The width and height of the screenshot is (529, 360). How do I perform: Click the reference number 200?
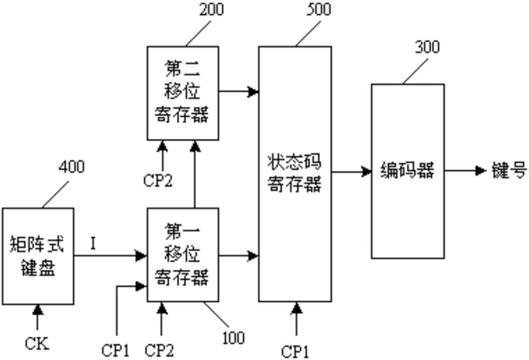tap(211, 9)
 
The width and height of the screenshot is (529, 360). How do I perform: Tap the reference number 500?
tap(319, 9)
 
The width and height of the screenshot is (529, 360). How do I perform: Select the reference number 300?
tap(427, 46)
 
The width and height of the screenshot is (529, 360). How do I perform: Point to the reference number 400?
tap(72, 167)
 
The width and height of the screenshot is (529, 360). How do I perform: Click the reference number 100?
tap(233, 338)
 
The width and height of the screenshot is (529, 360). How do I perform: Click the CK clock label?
tap(37, 344)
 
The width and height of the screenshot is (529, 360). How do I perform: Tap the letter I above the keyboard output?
tap(94, 243)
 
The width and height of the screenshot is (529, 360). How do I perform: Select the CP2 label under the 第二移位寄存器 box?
tap(158, 180)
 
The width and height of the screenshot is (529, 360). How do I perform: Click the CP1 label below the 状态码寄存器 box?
tap(295, 352)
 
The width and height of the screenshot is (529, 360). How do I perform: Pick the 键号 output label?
tap(509, 170)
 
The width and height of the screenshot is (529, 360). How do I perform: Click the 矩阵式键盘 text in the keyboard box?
tap(37, 256)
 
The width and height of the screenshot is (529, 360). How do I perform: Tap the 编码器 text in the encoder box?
tap(408, 170)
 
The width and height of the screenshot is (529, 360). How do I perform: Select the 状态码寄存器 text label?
tap(295, 173)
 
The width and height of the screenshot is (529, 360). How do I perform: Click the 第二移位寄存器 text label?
tap(183, 91)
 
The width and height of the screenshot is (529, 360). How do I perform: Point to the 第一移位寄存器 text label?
tap(183, 254)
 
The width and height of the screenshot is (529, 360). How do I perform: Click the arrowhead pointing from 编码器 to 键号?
tap(480, 170)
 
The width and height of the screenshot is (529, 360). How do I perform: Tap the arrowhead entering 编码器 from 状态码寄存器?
tap(366, 172)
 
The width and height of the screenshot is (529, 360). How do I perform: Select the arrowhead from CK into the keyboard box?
tap(37, 310)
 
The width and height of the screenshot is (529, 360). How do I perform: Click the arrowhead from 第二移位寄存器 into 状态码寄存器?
tap(253, 91)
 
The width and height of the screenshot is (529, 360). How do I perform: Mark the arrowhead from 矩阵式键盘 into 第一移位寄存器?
tap(142, 256)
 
